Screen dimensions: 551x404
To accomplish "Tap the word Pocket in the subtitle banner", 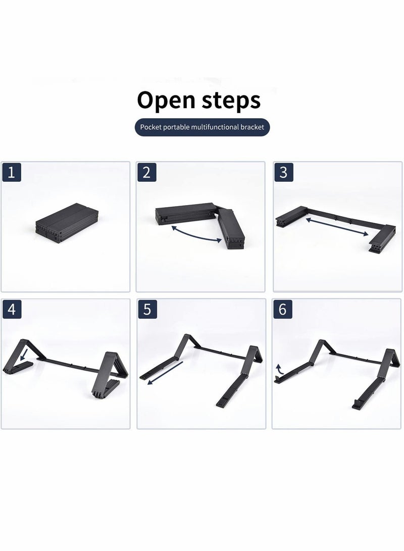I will (x=153, y=128).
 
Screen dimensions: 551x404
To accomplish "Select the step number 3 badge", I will (x=283, y=172).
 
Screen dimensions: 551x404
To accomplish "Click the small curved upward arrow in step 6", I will (x=279, y=369).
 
